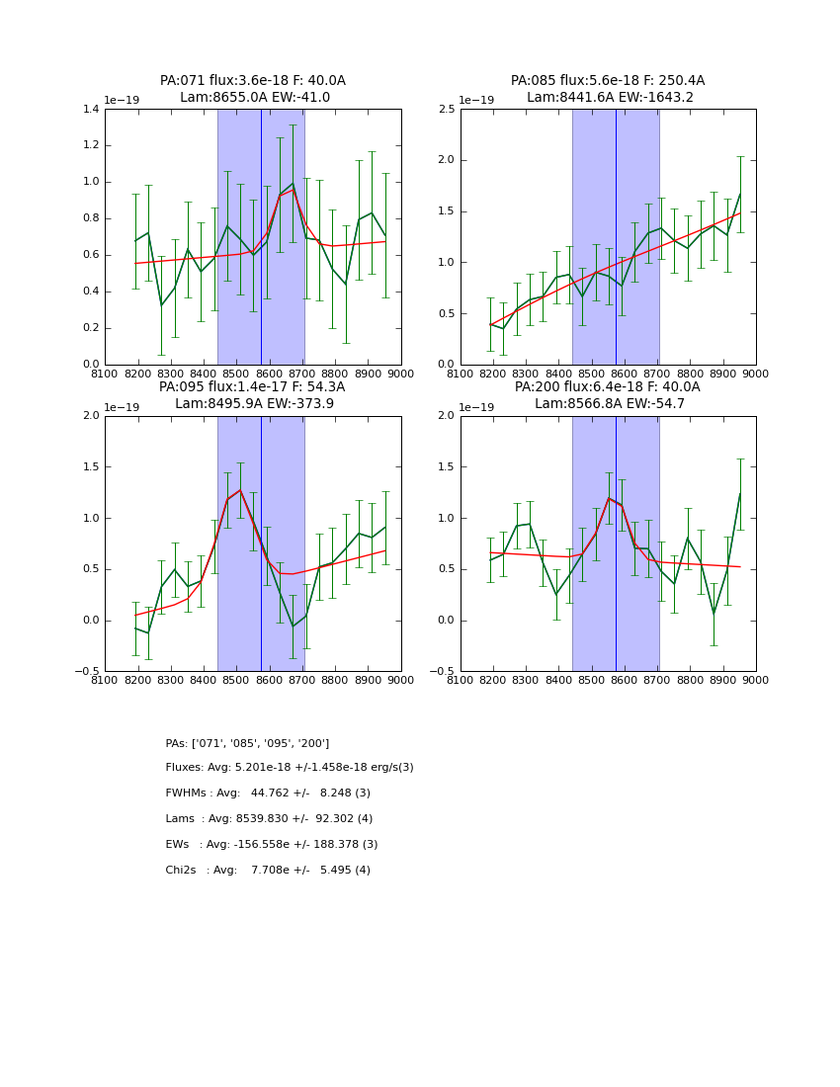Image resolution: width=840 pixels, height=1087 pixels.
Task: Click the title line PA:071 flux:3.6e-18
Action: [253, 81]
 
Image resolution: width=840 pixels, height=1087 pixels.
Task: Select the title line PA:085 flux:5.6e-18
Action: [608, 81]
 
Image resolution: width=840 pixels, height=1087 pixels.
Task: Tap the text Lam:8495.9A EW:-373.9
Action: [254, 403]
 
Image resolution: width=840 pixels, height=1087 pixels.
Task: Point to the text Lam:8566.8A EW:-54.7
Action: [608, 403]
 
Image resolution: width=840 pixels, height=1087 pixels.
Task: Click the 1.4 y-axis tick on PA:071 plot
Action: [90, 110]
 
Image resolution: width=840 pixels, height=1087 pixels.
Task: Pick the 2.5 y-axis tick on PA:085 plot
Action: [447, 110]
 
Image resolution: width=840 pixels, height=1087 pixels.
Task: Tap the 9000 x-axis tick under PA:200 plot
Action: [755, 680]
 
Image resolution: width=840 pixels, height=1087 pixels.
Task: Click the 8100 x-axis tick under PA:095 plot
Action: [105, 680]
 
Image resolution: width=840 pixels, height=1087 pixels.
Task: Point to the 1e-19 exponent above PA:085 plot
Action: [475, 101]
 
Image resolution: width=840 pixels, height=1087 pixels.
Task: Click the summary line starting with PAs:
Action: [247, 743]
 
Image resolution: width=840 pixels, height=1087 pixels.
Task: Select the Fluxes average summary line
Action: [290, 768]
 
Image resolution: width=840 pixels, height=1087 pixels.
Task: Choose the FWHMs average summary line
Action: [268, 794]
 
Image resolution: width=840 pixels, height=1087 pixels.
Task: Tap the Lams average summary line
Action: [269, 819]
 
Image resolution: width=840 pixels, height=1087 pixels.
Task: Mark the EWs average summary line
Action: [272, 845]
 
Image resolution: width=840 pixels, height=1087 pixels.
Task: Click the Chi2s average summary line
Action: [268, 871]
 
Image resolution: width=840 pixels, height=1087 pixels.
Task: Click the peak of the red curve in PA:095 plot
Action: [239, 490]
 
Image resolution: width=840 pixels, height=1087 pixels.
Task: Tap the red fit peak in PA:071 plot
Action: [293, 190]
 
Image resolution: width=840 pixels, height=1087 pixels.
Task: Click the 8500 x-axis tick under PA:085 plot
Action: [591, 374]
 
